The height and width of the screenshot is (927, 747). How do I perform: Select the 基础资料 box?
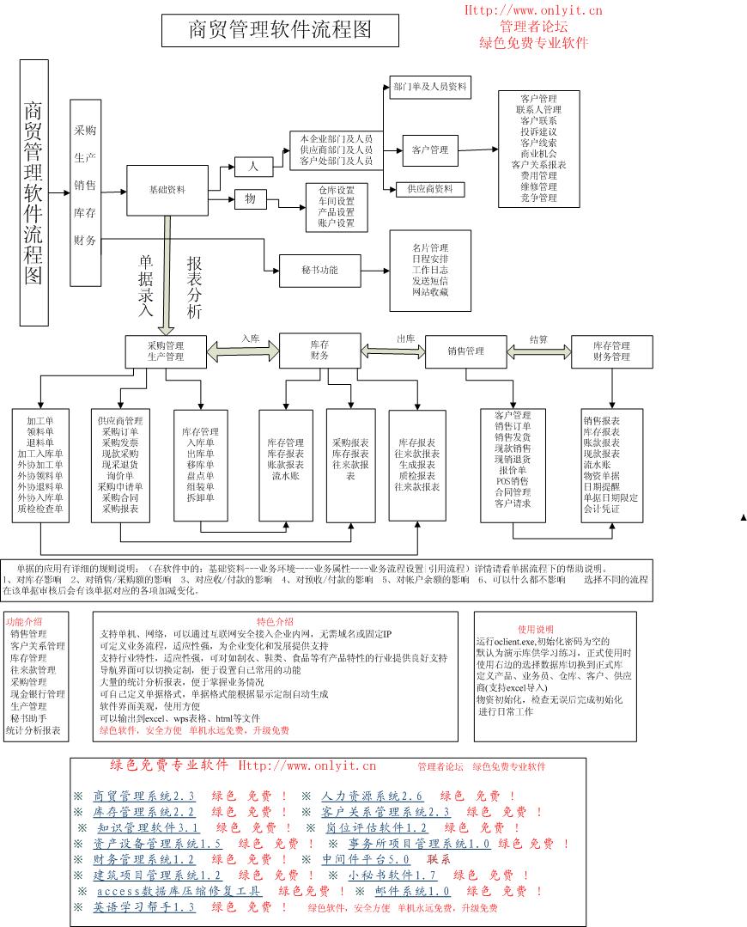[x=167, y=190]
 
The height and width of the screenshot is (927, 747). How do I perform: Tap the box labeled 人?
[x=253, y=165]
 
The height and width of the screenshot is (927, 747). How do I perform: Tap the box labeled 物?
[x=251, y=199]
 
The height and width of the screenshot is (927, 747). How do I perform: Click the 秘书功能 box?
[x=320, y=271]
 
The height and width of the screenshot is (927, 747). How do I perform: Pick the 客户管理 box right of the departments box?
[x=429, y=150]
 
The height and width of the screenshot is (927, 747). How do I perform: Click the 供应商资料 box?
[x=430, y=188]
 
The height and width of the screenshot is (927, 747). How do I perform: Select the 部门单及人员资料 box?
[x=430, y=87]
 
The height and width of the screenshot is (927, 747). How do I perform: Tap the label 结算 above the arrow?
[x=538, y=339]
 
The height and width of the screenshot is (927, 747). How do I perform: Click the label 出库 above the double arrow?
[x=404, y=339]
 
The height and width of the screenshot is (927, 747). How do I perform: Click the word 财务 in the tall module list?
[x=85, y=240]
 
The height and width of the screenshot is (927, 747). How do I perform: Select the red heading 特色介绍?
[x=274, y=621]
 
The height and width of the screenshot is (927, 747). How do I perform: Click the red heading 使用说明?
[x=536, y=629]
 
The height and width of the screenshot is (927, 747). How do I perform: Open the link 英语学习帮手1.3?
[x=144, y=907]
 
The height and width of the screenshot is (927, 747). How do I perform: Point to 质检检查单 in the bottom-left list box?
[x=40, y=509]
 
